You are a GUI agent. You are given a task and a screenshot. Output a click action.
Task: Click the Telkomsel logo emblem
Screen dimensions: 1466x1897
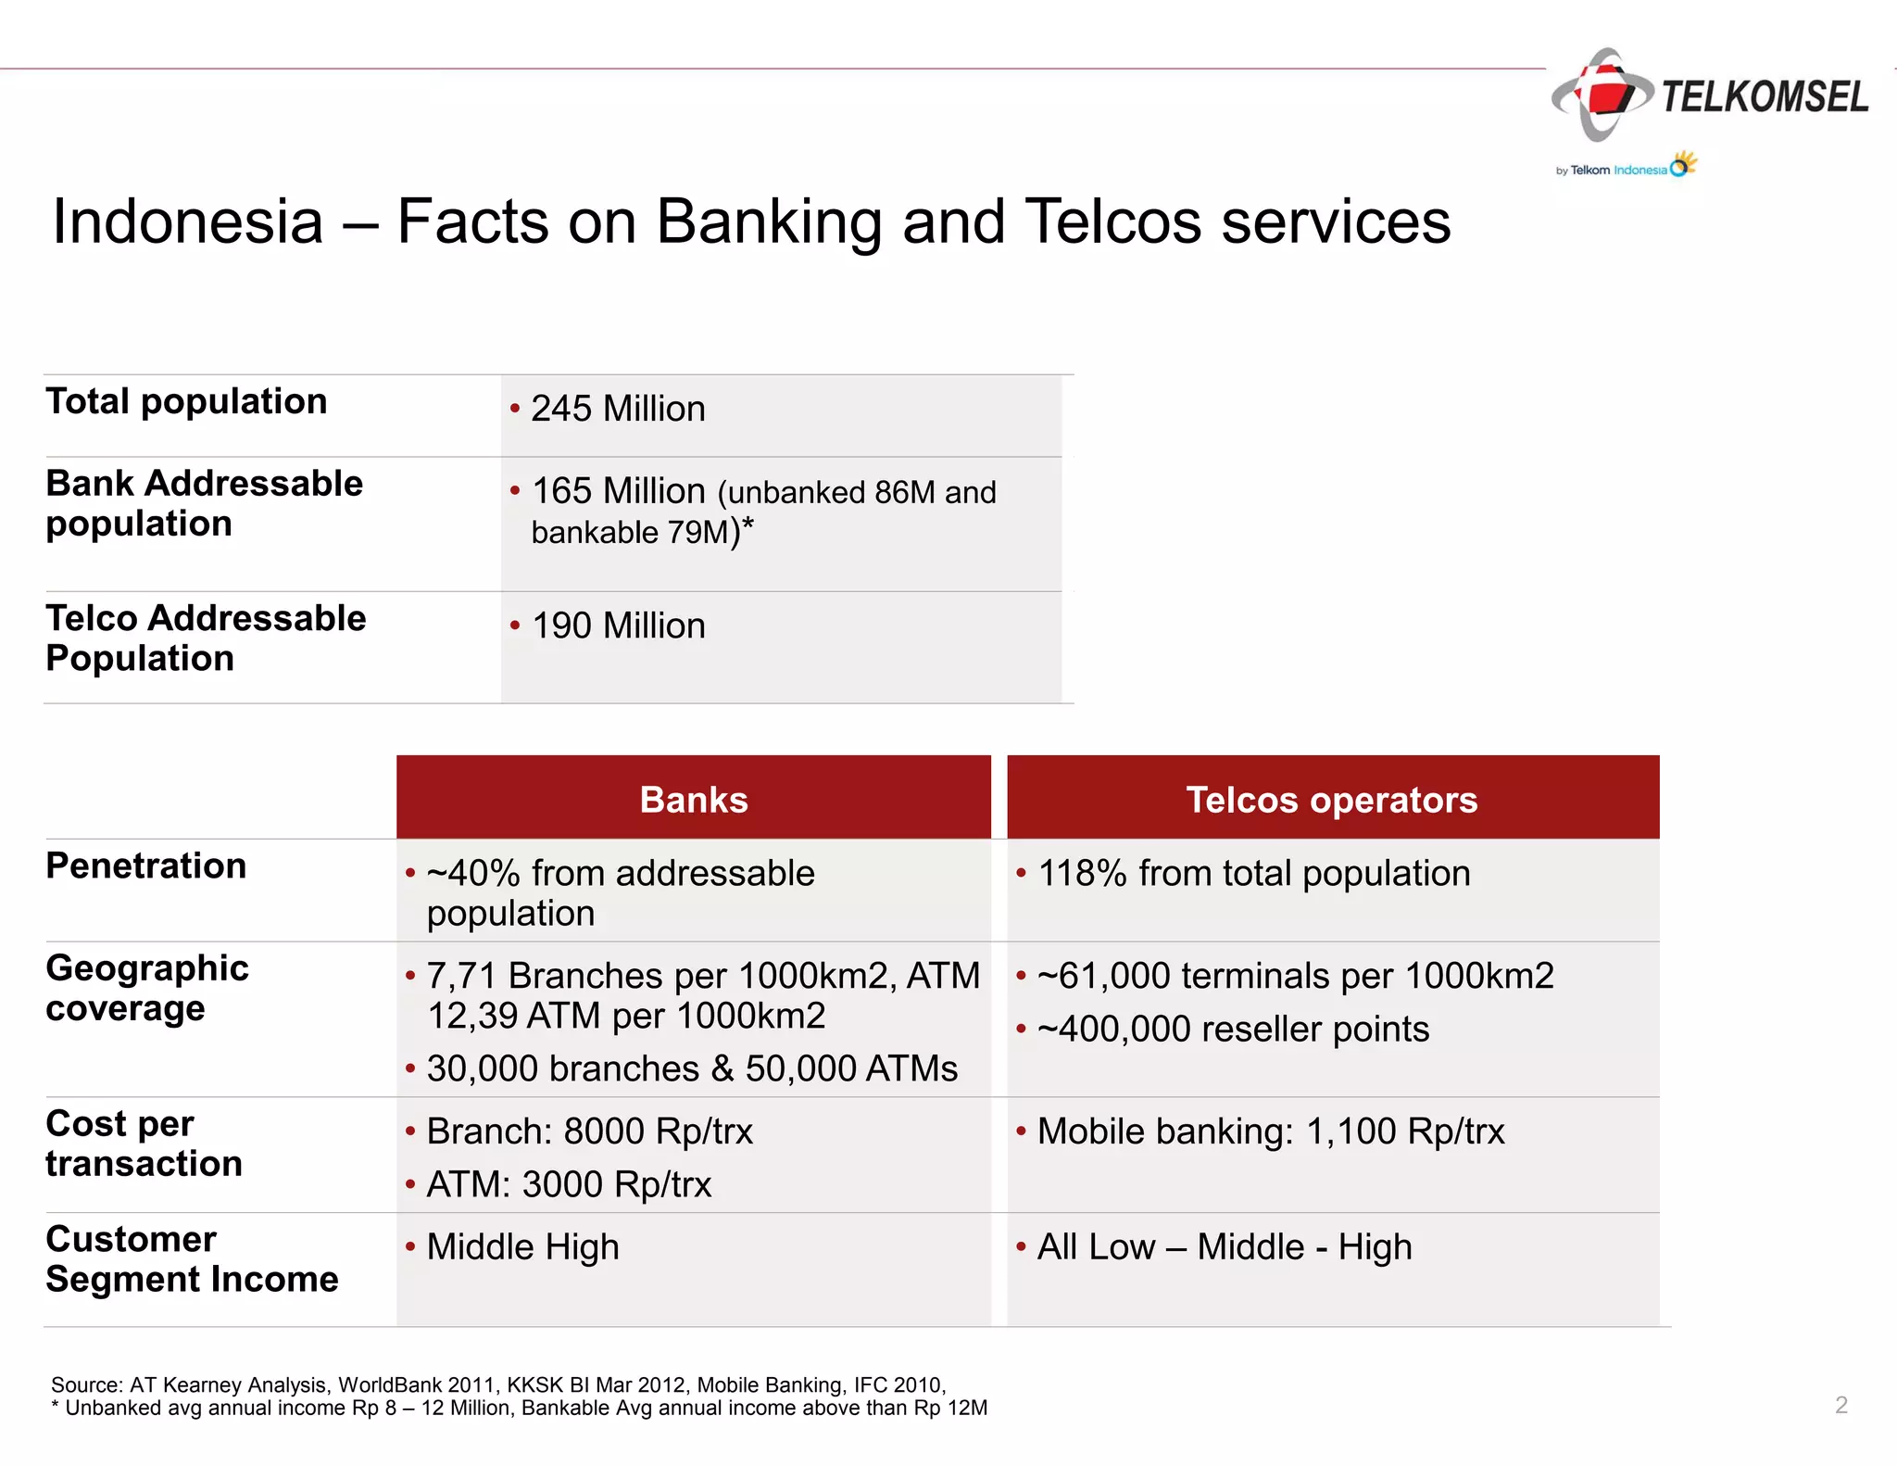[1602, 95]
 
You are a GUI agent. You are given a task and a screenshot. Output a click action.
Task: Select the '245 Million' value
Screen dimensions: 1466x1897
[617, 409]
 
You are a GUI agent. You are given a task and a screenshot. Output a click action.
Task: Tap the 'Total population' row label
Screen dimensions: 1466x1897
[186, 401]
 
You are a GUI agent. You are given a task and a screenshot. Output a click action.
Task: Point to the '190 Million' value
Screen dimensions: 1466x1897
[617, 626]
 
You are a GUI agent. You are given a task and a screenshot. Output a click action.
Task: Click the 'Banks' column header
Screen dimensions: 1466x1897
[693, 800]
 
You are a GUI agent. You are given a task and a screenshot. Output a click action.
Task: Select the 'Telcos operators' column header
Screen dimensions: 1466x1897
[1332, 800]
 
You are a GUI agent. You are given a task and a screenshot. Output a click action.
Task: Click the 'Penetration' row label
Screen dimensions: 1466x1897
[146, 866]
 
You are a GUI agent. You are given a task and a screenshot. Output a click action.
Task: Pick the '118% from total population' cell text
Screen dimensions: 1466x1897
[1253, 873]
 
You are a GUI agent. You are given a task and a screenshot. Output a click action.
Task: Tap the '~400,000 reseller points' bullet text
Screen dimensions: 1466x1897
[1233, 1029]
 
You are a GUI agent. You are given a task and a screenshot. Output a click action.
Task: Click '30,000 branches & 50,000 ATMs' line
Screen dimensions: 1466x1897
[691, 1068]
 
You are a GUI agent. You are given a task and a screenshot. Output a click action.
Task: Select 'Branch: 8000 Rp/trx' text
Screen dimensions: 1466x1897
[589, 1131]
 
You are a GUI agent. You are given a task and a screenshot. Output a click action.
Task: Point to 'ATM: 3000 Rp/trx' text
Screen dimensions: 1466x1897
[568, 1184]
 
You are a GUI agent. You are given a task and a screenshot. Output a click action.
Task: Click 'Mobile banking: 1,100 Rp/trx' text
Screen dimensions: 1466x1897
[1270, 1131]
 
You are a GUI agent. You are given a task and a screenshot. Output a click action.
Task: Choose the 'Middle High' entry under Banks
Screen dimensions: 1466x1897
[522, 1247]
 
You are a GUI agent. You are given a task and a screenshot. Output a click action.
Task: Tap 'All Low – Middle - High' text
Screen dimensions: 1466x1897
[1224, 1247]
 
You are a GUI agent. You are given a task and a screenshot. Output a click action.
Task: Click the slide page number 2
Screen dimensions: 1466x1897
[1840, 1405]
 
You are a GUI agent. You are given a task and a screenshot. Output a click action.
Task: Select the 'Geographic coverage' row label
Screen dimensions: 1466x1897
[146, 988]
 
